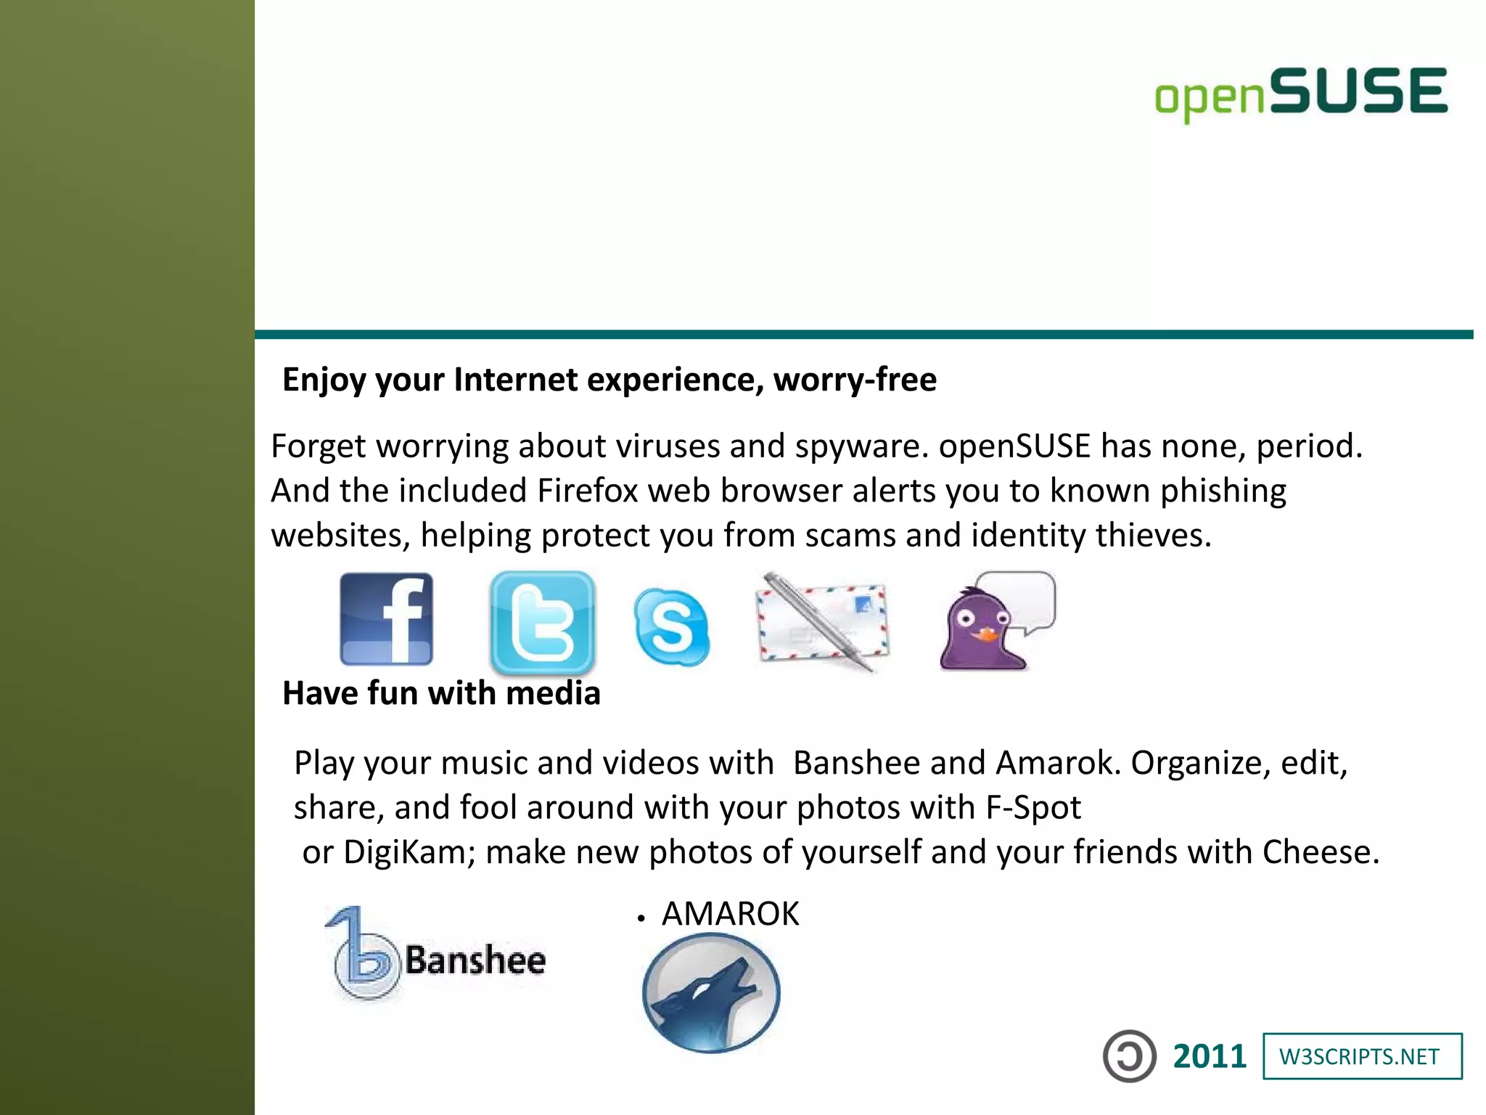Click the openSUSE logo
(x=1301, y=94)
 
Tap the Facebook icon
(x=387, y=619)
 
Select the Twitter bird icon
(x=543, y=623)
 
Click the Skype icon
(x=672, y=627)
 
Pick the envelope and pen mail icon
(x=823, y=623)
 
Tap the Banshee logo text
(x=475, y=960)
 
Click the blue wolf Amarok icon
(x=711, y=992)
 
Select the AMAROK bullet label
(x=730, y=914)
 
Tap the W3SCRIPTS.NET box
(x=1362, y=1057)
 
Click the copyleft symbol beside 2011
(x=1129, y=1056)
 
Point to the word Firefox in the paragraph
(x=587, y=491)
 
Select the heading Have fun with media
(x=441, y=693)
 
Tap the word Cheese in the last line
(x=1320, y=852)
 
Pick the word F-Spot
(x=1033, y=808)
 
